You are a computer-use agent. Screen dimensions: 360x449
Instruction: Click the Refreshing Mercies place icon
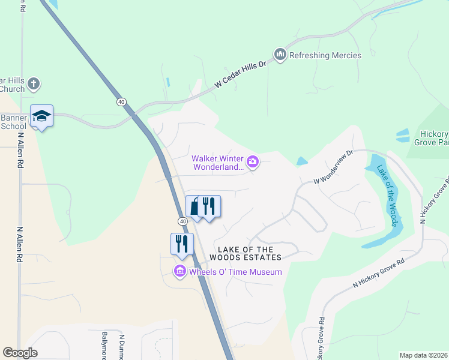(280, 55)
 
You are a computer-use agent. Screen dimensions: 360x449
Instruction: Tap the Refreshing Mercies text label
(325, 55)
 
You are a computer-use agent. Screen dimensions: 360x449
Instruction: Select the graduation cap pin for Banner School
(42, 116)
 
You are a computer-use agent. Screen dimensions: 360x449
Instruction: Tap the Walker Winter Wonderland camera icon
(253, 161)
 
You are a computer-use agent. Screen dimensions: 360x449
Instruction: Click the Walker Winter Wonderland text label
(218, 163)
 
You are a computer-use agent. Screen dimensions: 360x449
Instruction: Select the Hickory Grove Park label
(431, 138)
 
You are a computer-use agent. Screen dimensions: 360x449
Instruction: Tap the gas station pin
(194, 207)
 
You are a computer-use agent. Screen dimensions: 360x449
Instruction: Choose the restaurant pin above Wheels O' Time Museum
(182, 244)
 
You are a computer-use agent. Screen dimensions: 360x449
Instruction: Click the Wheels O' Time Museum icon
(179, 272)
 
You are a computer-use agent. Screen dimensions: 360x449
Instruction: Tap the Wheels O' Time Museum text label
(235, 272)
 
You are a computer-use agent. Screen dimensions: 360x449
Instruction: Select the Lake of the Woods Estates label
(245, 253)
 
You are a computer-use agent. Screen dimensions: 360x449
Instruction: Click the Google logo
(20, 353)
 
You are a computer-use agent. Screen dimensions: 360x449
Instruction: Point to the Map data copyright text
(423, 355)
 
